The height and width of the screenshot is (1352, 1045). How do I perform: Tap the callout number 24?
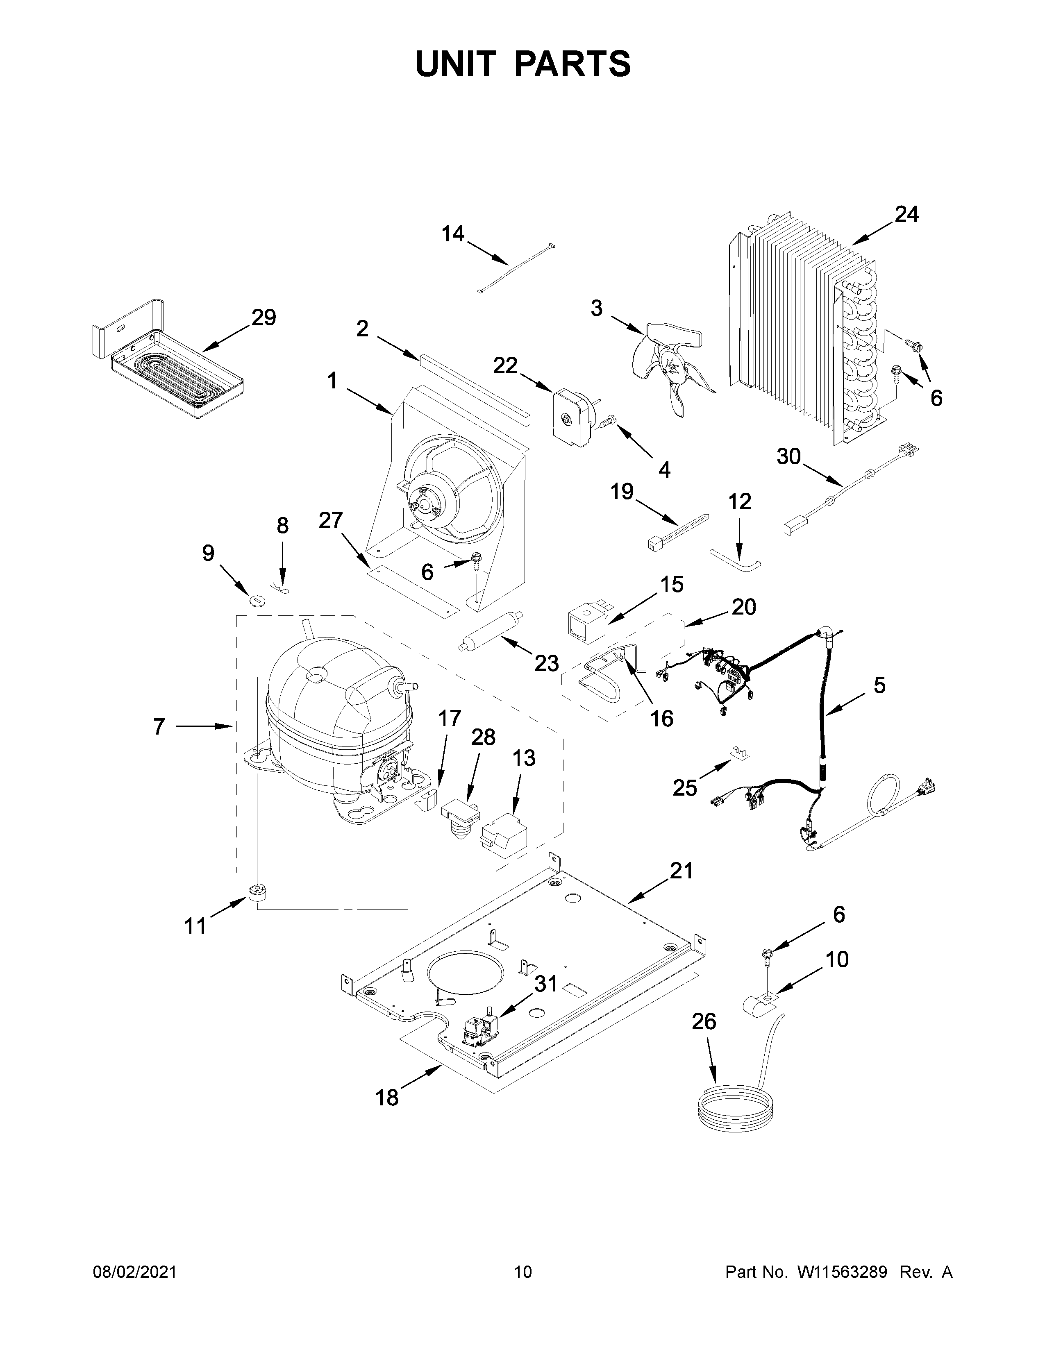906,215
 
